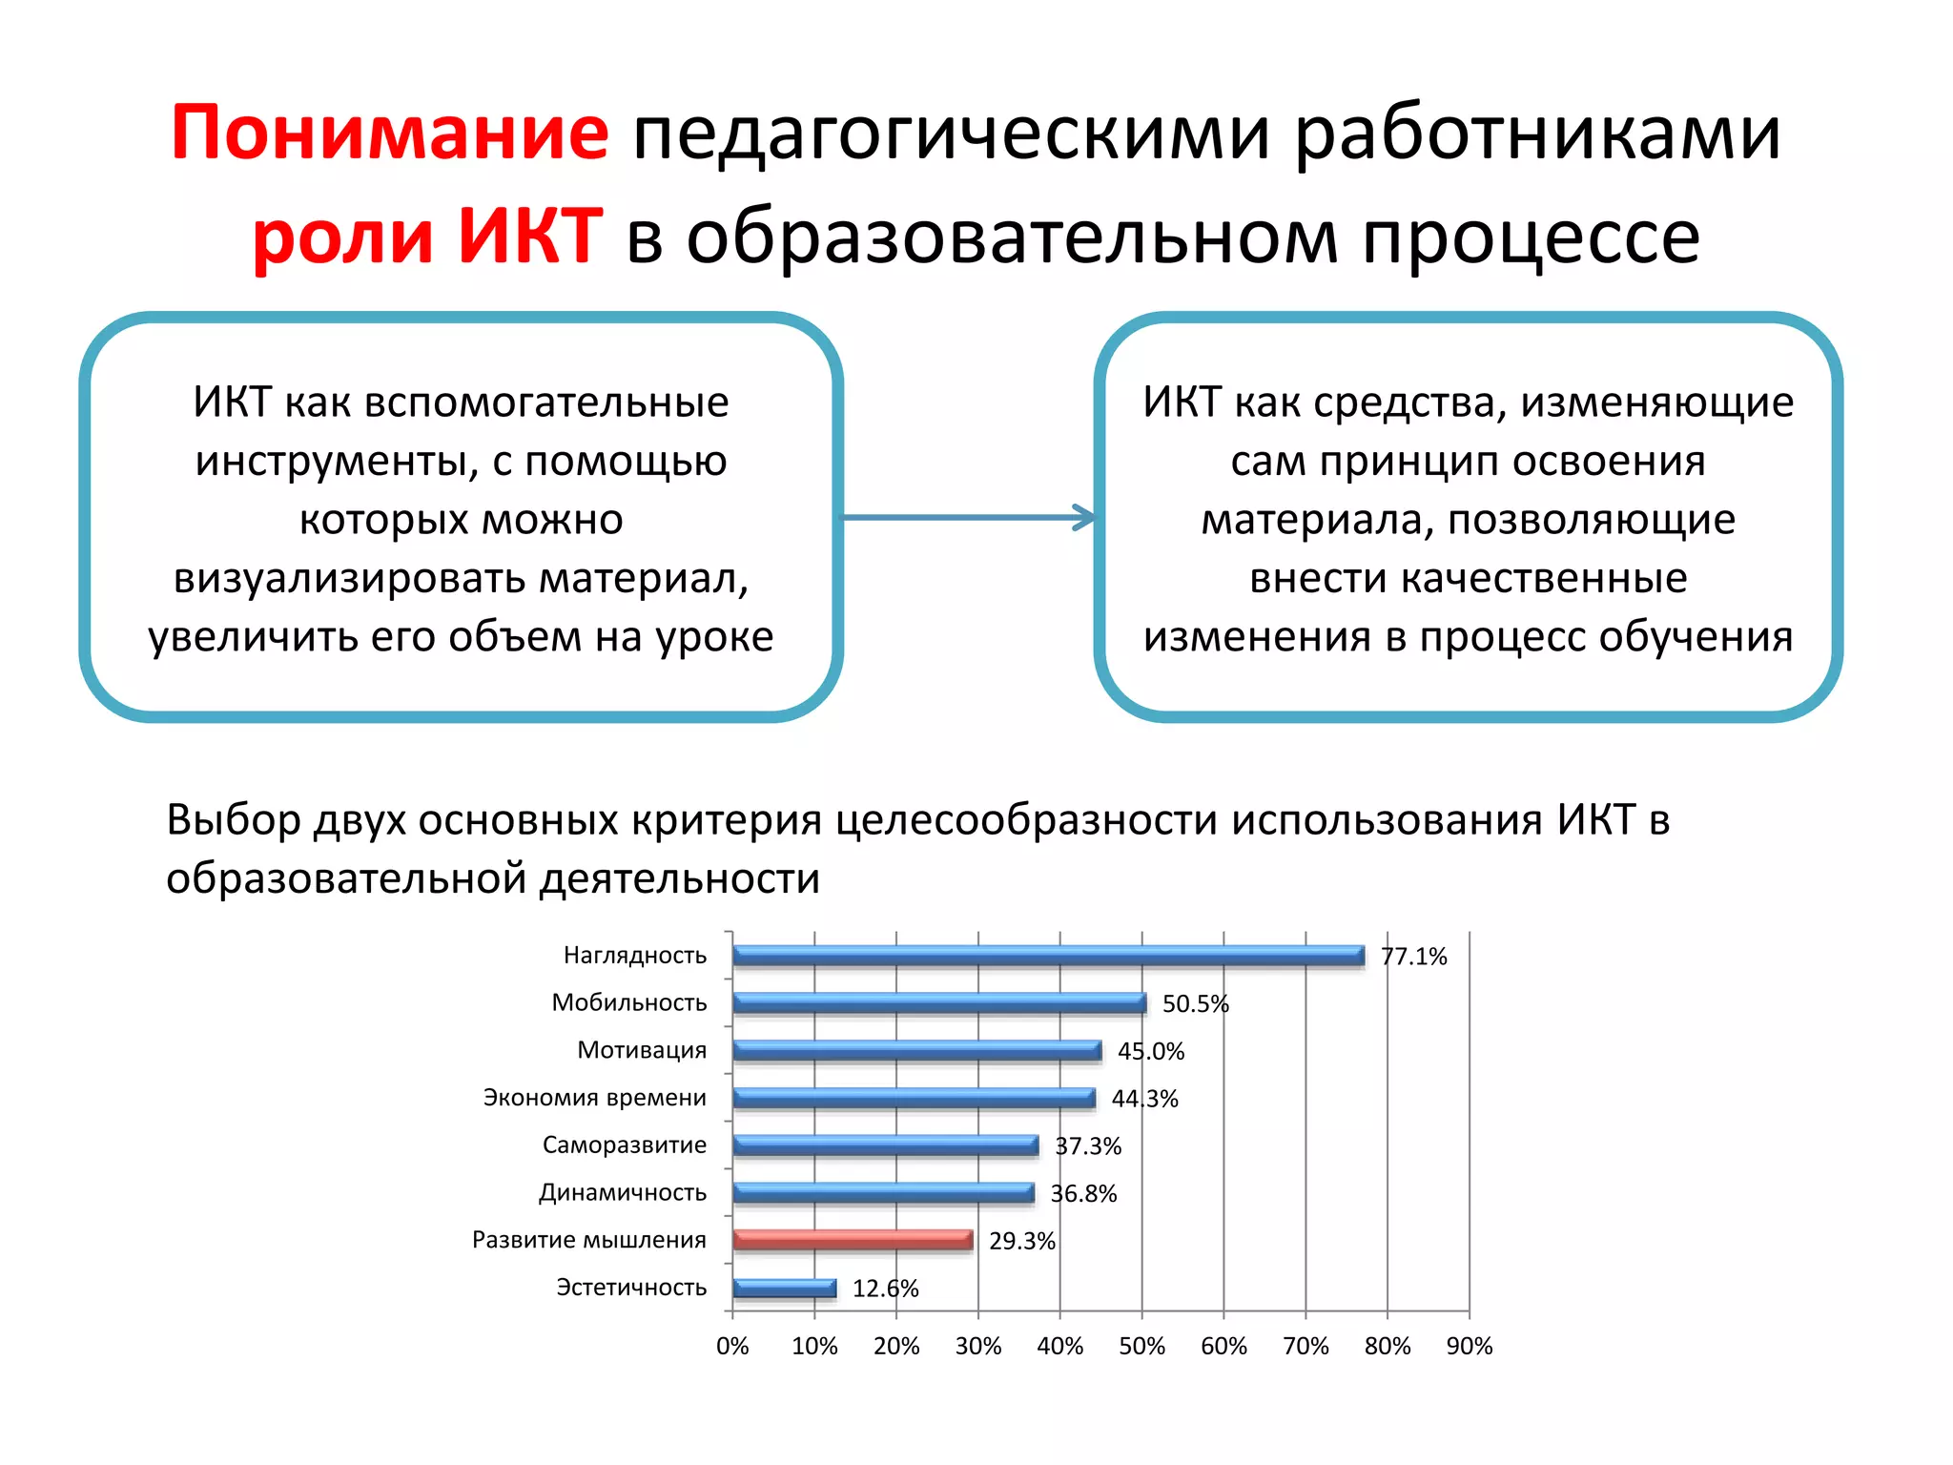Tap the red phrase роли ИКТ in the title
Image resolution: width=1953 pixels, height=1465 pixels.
point(426,236)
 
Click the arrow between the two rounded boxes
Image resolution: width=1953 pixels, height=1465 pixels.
point(968,518)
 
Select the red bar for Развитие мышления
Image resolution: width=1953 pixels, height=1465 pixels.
point(852,1240)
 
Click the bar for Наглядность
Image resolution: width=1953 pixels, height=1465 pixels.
point(1047,956)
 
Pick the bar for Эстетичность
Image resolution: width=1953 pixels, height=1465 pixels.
point(784,1289)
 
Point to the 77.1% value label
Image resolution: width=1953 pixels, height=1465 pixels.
point(1413,957)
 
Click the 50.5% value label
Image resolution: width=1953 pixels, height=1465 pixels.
point(1195,1004)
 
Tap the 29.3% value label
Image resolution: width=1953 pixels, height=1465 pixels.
point(1021,1241)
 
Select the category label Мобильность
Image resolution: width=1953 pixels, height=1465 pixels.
point(629,1002)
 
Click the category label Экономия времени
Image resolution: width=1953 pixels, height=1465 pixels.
point(594,1098)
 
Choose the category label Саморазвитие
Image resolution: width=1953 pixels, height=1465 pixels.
point(624,1145)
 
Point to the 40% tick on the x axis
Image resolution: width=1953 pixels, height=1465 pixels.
point(1059,1346)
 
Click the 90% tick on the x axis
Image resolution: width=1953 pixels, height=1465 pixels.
point(1469,1346)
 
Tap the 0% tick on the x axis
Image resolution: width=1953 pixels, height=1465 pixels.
point(732,1346)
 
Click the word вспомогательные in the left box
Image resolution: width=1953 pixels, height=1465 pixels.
point(546,402)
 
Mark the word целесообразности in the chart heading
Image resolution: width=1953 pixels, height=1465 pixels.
point(1026,820)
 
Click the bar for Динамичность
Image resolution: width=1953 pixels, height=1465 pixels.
point(883,1193)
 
